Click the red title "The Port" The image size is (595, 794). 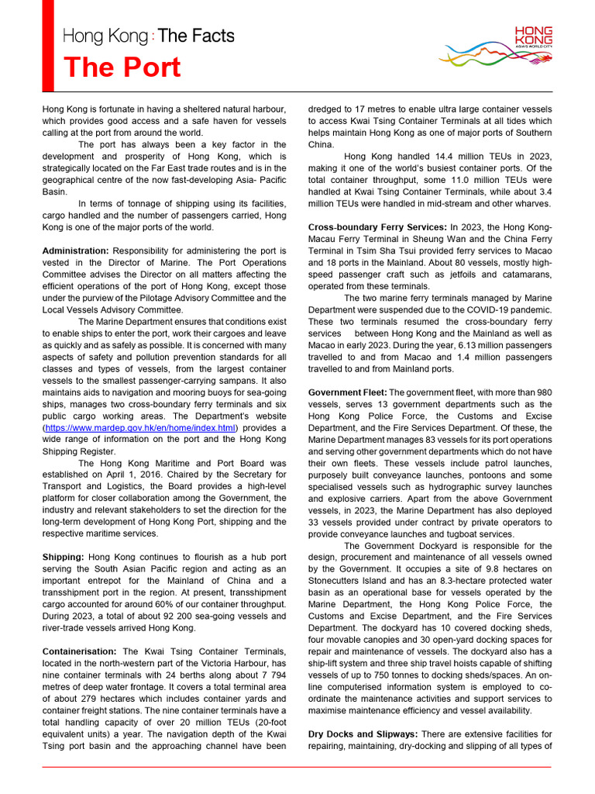[122, 67]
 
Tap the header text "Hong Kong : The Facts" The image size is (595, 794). [148, 36]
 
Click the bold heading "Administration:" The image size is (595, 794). [76, 251]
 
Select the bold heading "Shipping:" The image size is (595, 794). [64, 558]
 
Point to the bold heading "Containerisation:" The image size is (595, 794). [80, 651]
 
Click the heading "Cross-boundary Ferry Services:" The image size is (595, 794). [377, 227]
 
